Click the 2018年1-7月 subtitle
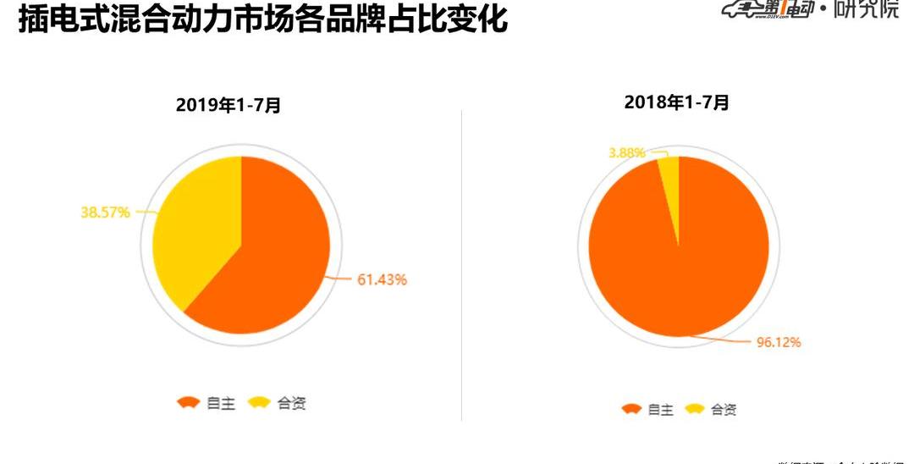pos(676,102)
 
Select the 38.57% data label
pos(105,213)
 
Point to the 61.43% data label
pos(382,279)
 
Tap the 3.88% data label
pos(626,152)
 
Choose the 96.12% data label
pos(778,342)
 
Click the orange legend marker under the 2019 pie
pos(188,403)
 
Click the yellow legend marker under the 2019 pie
pos(259,403)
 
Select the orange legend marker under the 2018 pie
pos(631,410)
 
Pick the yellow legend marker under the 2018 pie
pos(695,410)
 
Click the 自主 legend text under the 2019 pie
pos(221,403)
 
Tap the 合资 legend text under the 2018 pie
pos(724,410)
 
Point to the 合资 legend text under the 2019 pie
pos(291,403)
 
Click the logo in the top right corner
pos(811,10)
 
